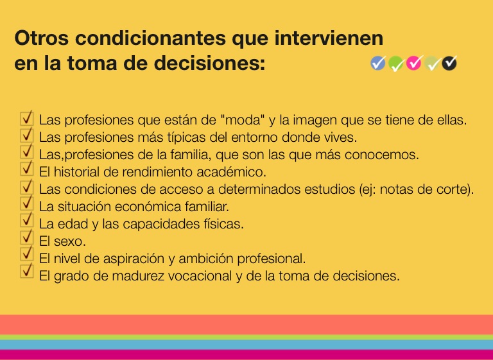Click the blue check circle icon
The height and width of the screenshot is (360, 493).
tap(378, 63)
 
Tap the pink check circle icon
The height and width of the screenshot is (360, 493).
tap(413, 63)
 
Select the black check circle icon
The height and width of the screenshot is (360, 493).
tap(449, 63)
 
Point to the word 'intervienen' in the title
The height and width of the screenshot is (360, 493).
tap(329, 38)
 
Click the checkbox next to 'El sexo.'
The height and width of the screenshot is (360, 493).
tap(27, 237)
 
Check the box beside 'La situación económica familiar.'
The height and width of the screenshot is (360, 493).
tap(27, 202)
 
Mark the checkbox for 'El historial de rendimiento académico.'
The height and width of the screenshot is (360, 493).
tap(27, 168)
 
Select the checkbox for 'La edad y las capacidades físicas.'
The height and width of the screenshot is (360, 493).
tap(27, 219)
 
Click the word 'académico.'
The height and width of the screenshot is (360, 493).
tap(231, 172)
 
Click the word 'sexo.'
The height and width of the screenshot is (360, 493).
tap(70, 241)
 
